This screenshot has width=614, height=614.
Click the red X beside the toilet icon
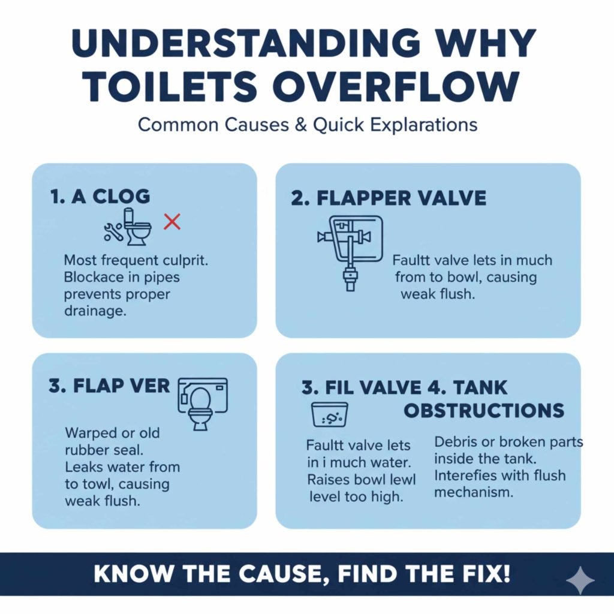[x=172, y=222]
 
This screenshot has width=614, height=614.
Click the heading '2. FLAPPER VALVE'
[x=389, y=198]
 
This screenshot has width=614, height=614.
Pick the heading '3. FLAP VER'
[x=110, y=386]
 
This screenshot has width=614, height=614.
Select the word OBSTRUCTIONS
[x=484, y=411]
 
